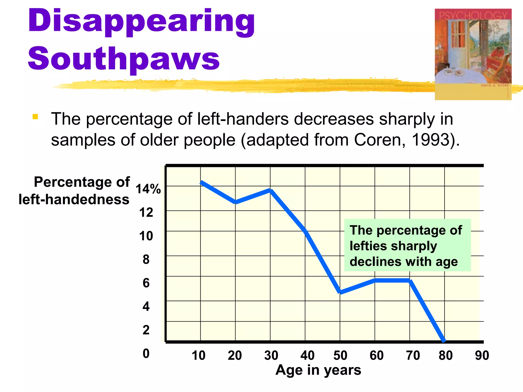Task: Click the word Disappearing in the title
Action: tap(141, 22)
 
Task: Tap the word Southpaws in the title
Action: tap(124, 59)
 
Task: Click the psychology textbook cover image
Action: tap(473, 54)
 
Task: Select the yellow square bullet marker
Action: tap(35, 117)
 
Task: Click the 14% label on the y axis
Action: tap(148, 189)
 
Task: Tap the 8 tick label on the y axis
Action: tap(146, 260)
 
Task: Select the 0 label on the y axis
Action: tap(146, 353)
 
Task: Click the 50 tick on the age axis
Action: tap(340, 356)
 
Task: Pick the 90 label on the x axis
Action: tap(482, 356)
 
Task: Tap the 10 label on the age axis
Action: tap(198, 356)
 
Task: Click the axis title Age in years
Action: tap(318, 370)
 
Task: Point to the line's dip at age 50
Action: tap(340, 292)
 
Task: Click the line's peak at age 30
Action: tap(270, 190)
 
